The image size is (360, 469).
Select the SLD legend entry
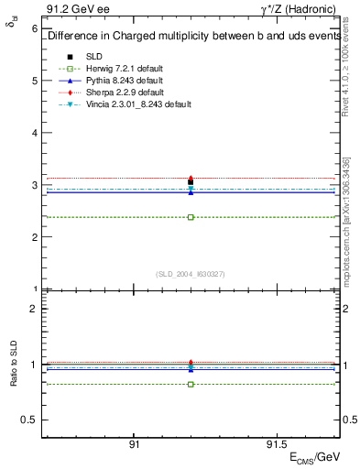click(94, 57)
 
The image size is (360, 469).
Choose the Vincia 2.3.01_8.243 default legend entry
click(138, 104)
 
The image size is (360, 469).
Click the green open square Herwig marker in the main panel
click(191, 217)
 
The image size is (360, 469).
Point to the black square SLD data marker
click(191, 181)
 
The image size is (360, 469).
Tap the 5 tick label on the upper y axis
click(35, 81)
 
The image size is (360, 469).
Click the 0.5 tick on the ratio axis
click(31, 420)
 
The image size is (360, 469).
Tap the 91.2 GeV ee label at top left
click(71, 10)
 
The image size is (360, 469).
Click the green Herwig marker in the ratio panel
click(191, 384)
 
